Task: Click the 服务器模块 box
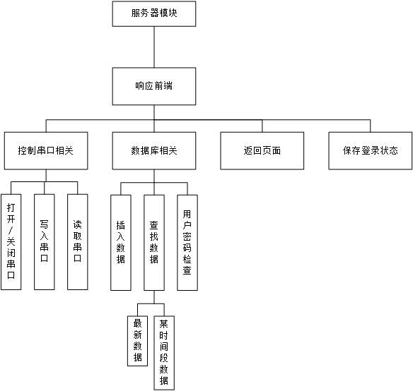154,13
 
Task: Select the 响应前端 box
154,86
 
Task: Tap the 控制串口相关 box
46,150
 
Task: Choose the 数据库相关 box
154,150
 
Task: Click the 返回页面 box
262,150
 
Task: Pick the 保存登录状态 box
371,150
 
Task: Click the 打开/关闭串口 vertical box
11,242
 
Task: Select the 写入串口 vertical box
45,242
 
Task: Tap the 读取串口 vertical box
78,242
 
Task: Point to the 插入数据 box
121,243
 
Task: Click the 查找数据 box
154,243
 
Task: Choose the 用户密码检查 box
187,243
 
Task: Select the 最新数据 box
137,341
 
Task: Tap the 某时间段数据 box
164,353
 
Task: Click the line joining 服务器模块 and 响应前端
154,47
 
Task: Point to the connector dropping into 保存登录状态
371,126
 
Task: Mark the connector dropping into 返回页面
262,126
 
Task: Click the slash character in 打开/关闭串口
11,230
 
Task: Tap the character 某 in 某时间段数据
164,324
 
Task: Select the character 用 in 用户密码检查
187,214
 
